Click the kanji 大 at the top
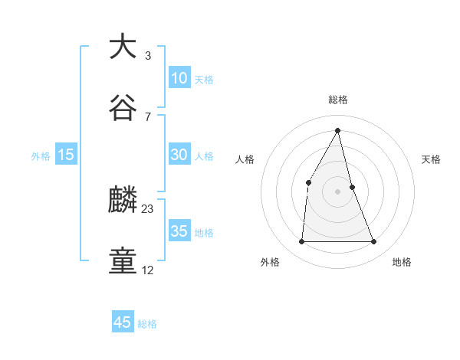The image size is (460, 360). [x=123, y=47]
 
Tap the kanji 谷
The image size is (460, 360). [x=123, y=108]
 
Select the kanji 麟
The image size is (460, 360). [x=123, y=201]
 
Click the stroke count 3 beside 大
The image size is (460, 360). [x=147, y=56]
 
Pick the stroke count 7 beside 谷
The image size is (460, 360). [x=147, y=116]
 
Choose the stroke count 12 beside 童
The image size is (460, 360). [x=148, y=270]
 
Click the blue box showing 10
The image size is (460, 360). [x=179, y=78]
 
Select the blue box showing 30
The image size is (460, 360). [x=179, y=155]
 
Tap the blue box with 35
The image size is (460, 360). [x=179, y=231]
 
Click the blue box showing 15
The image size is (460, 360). [x=66, y=155]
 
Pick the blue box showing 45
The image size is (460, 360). [x=123, y=322]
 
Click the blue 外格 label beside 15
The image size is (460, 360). [x=41, y=155]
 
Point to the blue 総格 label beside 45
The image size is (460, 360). [x=147, y=324]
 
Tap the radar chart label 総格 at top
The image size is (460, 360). [x=337, y=100]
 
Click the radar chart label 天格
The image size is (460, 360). [x=431, y=159]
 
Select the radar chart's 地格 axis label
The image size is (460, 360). [x=401, y=262]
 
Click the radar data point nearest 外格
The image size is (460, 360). [x=301, y=242]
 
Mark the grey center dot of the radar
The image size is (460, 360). [x=337, y=191]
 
